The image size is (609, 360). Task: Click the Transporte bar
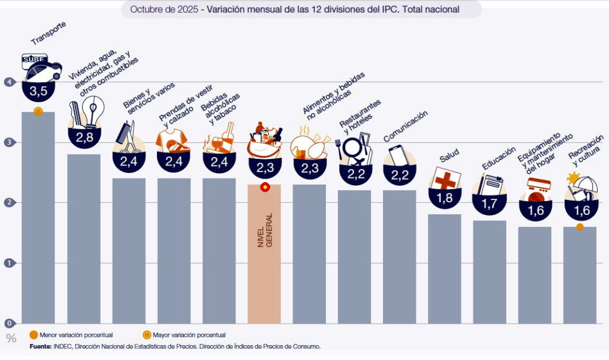click(x=38, y=220)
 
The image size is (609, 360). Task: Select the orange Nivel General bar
click(x=264, y=256)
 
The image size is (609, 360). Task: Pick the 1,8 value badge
click(x=445, y=198)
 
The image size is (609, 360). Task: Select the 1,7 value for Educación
click(x=489, y=204)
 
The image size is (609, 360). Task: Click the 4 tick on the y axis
click(x=8, y=82)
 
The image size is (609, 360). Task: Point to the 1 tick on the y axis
click(x=8, y=263)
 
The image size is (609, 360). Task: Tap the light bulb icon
click(x=92, y=110)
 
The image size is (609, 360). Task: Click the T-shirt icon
click(x=172, y=141)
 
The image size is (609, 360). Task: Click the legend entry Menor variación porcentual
click(x=71, y=335)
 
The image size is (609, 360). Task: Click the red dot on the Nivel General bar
click(x=265, y=187)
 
